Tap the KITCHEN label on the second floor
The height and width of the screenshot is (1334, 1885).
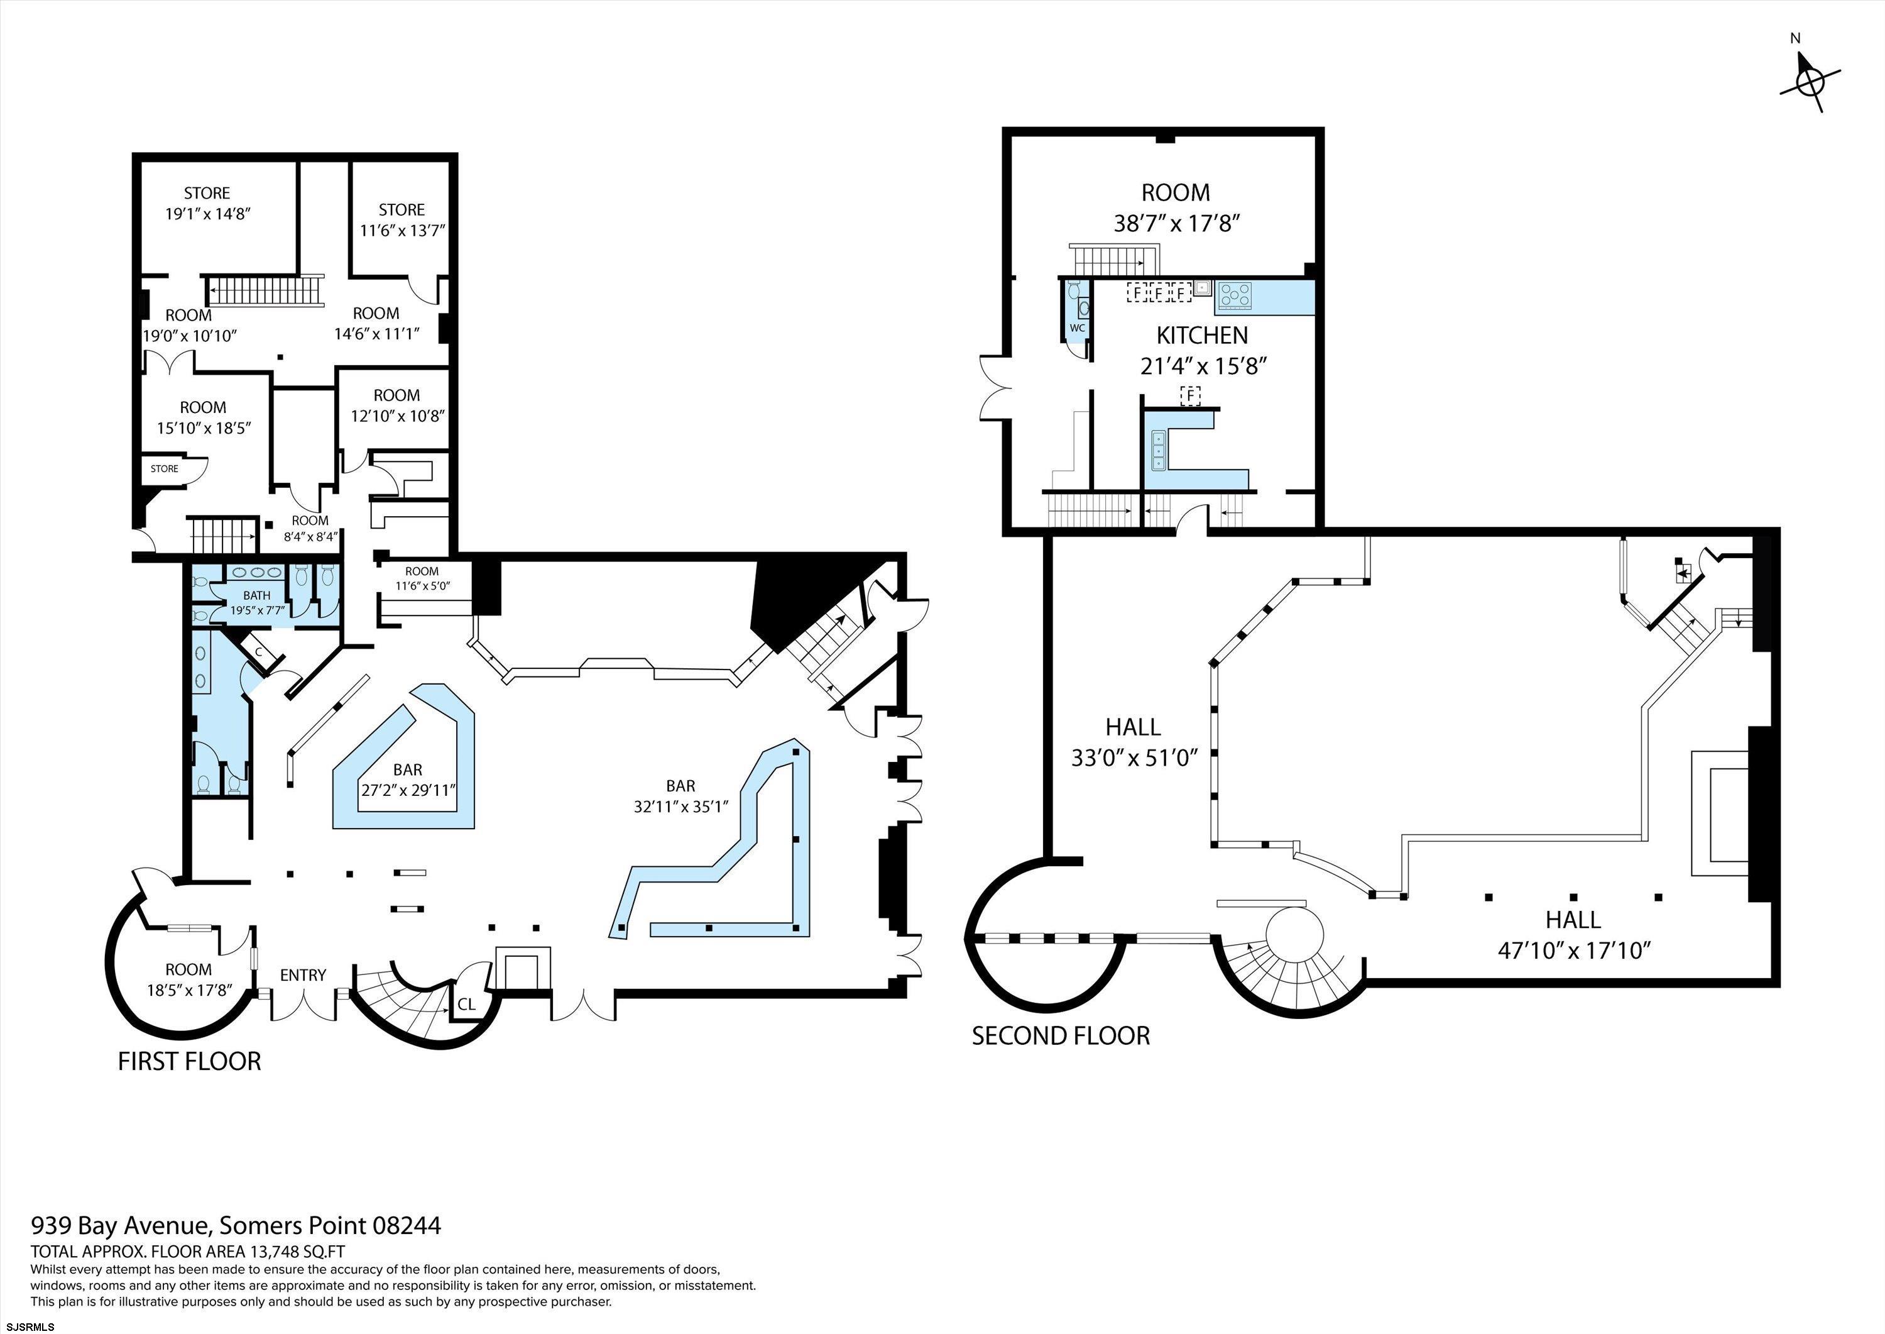[1202, 335]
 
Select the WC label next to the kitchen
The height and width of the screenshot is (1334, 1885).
[1077, 328]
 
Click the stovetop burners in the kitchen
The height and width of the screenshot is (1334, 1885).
[1234, 294]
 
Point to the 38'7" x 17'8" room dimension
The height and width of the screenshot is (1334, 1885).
[1176, 223]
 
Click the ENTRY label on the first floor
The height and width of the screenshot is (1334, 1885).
[303, 975]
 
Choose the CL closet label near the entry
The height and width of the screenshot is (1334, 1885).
[466, 1004]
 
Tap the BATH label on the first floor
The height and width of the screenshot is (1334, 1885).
[257, 595]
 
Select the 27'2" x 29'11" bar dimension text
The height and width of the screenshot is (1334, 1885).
[408, 790]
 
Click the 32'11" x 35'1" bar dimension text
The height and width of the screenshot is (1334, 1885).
[680, 807]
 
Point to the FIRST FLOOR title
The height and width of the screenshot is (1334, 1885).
[190, 1061]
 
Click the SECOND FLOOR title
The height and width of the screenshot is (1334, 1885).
[1061, 1035]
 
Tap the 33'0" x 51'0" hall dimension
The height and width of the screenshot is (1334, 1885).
[1133, 756]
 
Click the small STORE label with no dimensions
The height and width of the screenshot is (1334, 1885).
[164, 468]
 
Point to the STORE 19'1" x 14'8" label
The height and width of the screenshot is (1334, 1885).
[207, 203]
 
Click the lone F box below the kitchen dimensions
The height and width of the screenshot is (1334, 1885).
[1189, 396]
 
